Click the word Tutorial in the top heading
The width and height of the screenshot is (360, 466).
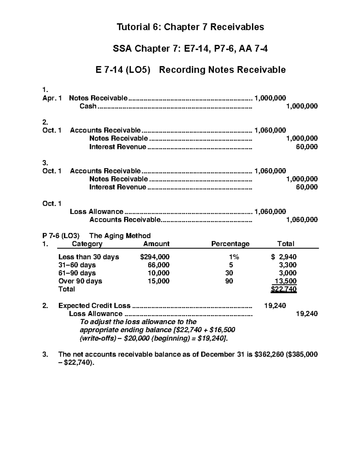[x=131, y=27]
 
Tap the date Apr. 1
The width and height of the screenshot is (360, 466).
[x=52, y=98]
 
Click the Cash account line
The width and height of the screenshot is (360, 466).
[x=88, y=106]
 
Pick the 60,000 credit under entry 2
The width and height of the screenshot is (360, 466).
[x=307, y=147]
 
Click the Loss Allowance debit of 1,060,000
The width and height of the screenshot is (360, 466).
[x=270, y=212]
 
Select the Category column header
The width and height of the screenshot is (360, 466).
[x=87, y=244]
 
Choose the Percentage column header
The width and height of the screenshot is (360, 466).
[x=230, y=244]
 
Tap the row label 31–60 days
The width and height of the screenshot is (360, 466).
[x=77, y=265]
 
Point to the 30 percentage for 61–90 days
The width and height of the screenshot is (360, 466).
[x=229, y=273]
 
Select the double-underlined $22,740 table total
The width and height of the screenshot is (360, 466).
[x=283, y=289]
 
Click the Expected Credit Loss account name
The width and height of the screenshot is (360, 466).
[x=94, y=306]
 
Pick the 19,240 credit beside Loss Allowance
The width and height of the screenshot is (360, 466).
[x=307, y=314]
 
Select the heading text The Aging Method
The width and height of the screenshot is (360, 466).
[x=120, y=236]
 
